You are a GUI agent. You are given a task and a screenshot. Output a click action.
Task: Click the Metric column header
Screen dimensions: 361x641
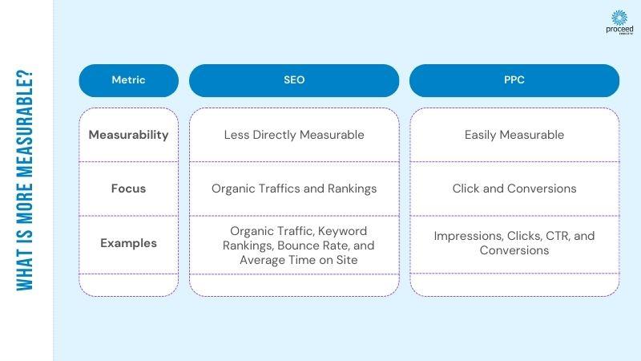128,80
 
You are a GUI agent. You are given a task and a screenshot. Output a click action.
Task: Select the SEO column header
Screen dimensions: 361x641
294,80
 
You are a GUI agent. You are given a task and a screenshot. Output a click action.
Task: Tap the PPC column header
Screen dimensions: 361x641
514,80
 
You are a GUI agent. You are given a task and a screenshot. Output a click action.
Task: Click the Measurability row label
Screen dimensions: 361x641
128,135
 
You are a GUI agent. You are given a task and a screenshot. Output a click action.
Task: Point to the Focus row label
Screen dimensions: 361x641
128,189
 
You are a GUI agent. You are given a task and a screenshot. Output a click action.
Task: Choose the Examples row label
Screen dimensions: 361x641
128,243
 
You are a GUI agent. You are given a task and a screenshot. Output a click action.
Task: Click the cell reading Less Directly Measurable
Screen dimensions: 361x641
294,135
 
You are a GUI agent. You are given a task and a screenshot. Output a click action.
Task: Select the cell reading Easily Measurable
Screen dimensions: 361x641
514,135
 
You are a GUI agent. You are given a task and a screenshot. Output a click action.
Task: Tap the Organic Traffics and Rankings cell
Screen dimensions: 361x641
294,189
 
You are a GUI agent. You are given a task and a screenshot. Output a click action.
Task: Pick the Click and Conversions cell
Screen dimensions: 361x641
514,189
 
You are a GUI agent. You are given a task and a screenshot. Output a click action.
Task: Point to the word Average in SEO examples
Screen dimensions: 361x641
262,259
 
